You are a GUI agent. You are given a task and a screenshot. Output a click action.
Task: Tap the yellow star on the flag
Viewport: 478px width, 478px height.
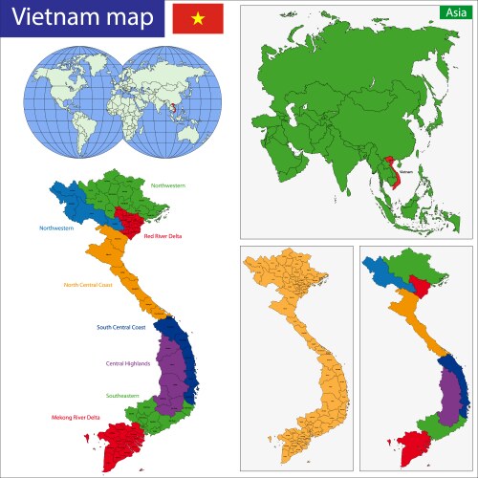198,18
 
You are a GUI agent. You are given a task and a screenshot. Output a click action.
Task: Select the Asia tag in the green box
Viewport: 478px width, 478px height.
454,11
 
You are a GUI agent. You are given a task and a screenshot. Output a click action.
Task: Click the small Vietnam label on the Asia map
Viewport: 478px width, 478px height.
406,172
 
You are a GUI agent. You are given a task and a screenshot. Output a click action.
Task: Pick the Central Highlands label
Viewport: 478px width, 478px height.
126,363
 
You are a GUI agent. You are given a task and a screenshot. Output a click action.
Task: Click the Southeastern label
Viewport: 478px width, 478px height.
122,395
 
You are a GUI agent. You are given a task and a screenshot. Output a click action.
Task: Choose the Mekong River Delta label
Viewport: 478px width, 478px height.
77,418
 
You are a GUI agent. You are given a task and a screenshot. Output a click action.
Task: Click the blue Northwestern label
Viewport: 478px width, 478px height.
57,228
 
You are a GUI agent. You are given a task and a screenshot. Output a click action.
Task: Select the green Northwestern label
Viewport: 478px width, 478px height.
168,184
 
